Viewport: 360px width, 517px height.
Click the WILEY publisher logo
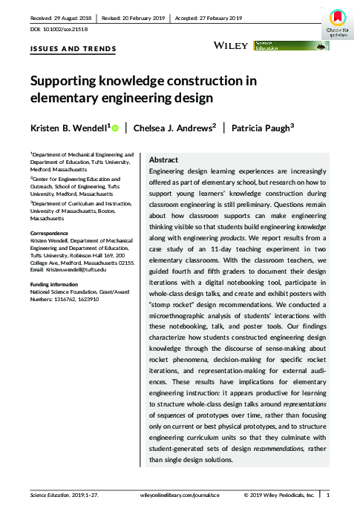point(232,46)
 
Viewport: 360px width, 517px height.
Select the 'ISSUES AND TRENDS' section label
point(63,49)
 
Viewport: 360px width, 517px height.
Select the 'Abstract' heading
point(163,159)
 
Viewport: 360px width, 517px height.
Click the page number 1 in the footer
point(329,493)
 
